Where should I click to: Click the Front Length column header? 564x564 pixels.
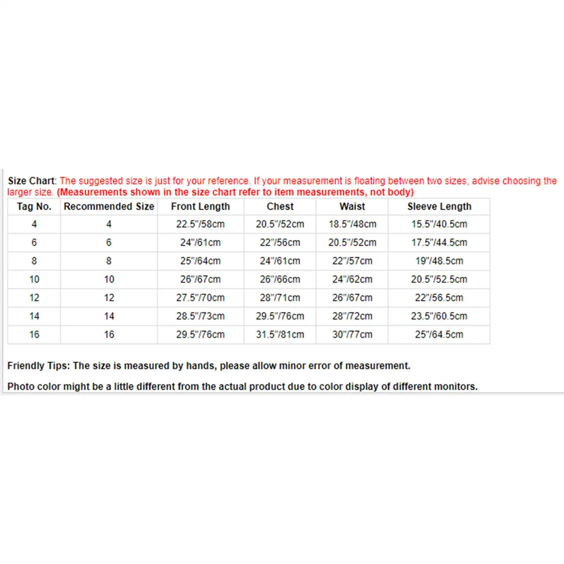[x=200, y=207]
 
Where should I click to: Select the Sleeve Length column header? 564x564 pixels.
[x=439, y=207]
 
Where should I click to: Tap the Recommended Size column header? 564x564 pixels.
[x=109, y=207]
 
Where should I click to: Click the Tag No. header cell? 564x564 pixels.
[x=34, y=207]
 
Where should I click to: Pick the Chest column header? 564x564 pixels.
[x=280, y=207]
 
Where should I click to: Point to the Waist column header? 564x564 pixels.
[x=352, y=207]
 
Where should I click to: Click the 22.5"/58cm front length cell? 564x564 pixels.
[x=200, y=224]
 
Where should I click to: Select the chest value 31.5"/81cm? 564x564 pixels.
[x=280, y=335]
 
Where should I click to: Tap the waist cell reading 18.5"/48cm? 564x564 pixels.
[x=352, y=224]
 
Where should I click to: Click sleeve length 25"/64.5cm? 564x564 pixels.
[x=439, y=335]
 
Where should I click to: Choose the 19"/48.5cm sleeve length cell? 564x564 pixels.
[x=439, y=261]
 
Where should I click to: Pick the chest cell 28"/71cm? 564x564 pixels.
[x=280, y=298]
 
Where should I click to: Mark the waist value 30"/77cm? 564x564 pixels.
[x=352, y=335]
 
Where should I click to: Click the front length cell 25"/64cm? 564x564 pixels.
[x=200, y=261]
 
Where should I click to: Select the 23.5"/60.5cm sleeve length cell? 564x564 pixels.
[x=439, y=316]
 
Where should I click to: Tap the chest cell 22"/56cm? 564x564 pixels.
[x=280, y=243]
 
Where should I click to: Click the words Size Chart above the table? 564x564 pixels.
[x=32, y=181]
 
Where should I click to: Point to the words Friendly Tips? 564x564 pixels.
[x=38, y=366]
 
